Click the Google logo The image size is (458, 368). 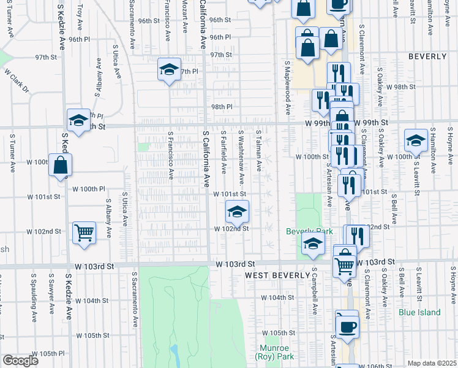click(x=20, y=361)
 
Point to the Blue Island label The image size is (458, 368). click(x=419, y=312)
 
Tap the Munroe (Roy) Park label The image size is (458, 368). click(x=274, y=352)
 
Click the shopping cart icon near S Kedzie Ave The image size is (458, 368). click(x=84, y=232)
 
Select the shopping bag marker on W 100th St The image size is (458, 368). click(x=61, y=165)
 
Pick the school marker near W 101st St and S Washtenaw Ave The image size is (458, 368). click(x=237, y=213)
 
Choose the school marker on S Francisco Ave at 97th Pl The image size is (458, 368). click(x=169, y=69)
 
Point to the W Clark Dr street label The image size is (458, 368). click(x=17, y=80)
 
